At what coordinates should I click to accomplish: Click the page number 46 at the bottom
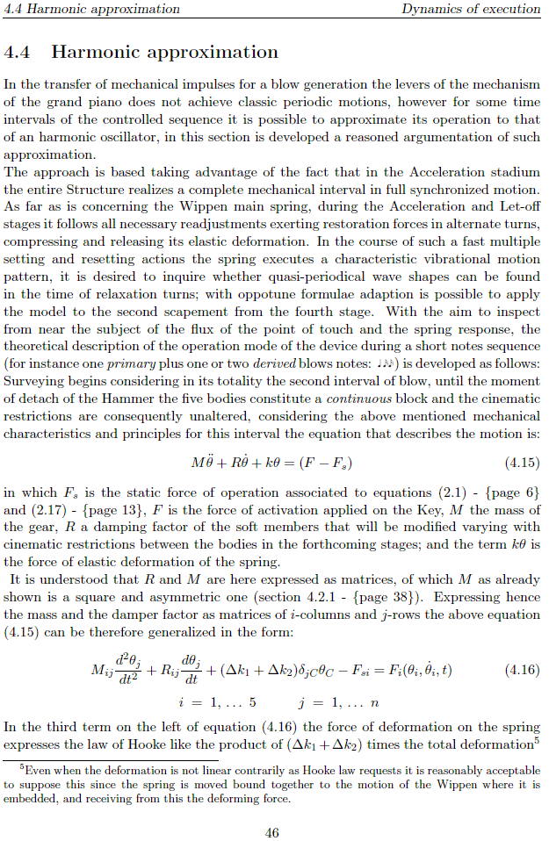(x=272, y=833)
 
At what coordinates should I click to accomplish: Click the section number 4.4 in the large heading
(x=18, y=52)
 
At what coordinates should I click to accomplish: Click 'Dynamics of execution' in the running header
(x=471, y=9)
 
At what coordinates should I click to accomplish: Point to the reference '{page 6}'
(x=508, y=493)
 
